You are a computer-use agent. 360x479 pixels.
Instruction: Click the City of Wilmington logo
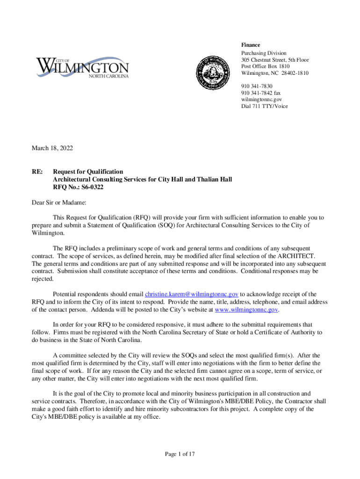82,68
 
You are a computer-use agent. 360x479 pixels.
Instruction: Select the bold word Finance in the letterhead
251,45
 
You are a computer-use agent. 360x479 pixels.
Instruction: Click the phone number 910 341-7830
257,87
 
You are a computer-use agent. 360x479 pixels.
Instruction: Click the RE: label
37,172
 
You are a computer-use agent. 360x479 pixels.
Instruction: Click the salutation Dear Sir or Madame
59,203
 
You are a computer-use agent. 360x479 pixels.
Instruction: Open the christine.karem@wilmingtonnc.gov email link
192,294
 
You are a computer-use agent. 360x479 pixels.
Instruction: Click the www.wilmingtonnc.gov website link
246,310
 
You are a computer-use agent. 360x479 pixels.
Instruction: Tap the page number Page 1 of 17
180,454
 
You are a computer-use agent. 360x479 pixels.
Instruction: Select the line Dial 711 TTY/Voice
265,106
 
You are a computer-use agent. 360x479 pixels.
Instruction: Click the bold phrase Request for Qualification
88,172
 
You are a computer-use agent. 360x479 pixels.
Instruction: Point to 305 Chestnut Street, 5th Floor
275,60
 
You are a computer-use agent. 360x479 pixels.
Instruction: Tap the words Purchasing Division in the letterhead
264,53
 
